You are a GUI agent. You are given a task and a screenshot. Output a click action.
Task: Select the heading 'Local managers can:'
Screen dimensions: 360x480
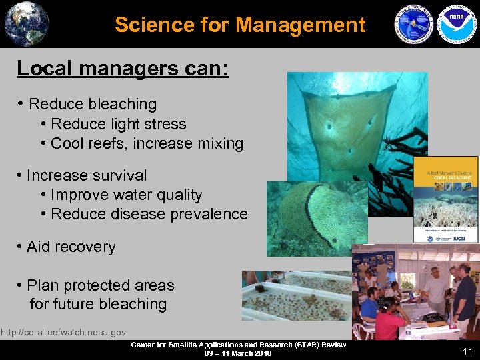tap(123, 68)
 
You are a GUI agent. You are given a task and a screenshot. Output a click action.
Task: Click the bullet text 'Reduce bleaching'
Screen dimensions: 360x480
tap(93, 104)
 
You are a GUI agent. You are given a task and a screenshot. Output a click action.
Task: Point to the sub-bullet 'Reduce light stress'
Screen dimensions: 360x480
tap(119, 124)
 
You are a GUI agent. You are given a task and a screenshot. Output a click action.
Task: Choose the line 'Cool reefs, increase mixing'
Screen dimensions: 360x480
tap(147, 143)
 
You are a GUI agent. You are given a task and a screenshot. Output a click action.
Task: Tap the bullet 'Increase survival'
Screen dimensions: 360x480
tap(87, 175)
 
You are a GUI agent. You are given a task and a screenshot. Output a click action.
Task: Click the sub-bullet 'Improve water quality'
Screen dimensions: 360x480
tap(127, 195)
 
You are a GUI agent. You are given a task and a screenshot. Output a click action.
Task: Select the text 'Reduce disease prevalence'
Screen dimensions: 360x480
tap(149, 214)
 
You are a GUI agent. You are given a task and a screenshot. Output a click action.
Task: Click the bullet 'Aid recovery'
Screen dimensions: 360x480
tap(71, 247)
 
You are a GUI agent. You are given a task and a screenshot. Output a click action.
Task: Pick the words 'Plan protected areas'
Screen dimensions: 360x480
tap(100, 285)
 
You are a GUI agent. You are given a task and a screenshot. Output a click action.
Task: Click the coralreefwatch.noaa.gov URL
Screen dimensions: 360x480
tap(63, 332)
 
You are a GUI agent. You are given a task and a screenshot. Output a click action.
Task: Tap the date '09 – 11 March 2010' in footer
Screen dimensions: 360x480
tap(238, 353)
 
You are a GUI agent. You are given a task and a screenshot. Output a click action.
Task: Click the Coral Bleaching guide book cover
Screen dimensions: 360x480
tap(445, 200)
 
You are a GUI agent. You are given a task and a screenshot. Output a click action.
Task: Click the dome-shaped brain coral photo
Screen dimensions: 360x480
tap(317, 217)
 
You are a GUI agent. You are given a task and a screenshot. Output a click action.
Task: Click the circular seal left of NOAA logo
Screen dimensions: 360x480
tap(414, 25)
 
